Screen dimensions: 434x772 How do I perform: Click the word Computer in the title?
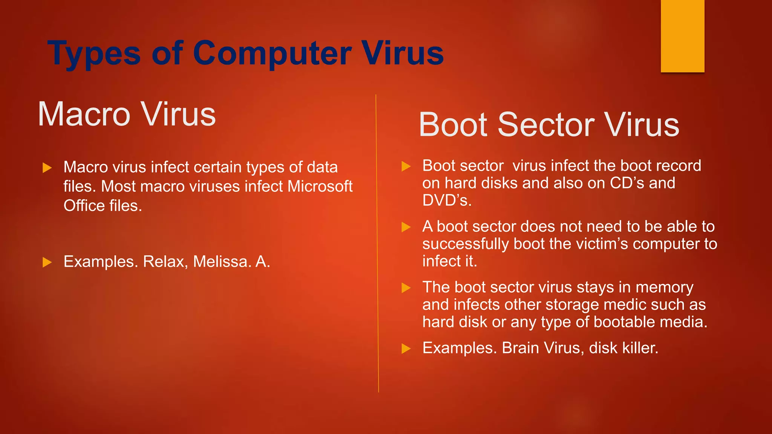tap(272, 54)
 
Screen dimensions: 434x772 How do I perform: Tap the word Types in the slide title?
tap(94, 54)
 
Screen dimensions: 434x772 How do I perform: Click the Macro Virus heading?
tap(127, 114)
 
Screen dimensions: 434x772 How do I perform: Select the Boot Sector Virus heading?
tap(549, 125)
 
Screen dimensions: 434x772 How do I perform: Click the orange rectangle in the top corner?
tap(682, 36)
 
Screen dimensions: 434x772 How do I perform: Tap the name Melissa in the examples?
tap(222, 261)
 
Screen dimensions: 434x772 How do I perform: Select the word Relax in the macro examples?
tap(165, 261)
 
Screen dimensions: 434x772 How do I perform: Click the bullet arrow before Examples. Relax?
tap(47, 262)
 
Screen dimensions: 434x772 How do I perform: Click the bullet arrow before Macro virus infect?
tap(47, 168)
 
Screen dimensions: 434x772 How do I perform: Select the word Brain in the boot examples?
tap(520, 348)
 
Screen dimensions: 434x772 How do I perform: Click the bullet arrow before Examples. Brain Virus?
tap(406, 348)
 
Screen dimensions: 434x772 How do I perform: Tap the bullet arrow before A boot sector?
tap(406, 227)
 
